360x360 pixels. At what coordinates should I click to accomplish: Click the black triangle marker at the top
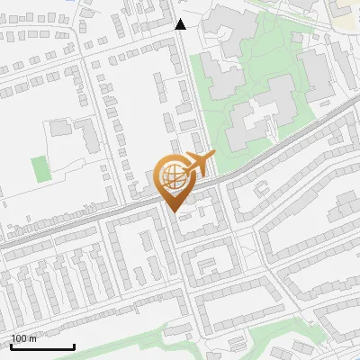[x=181, y=24]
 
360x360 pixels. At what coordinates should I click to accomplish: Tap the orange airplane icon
[x=197, y=165]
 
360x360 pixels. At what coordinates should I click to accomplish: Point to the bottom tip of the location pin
[x=175, y=212]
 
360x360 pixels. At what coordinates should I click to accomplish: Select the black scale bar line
[x=42, y=346]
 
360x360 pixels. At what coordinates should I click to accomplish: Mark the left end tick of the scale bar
[x=11, y=346]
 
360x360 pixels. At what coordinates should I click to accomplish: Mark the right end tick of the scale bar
[x=74, y=346]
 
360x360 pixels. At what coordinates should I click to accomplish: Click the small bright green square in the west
[x=39, y=167]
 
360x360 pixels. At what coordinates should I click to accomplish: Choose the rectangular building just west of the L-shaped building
[x=61, y=128]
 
